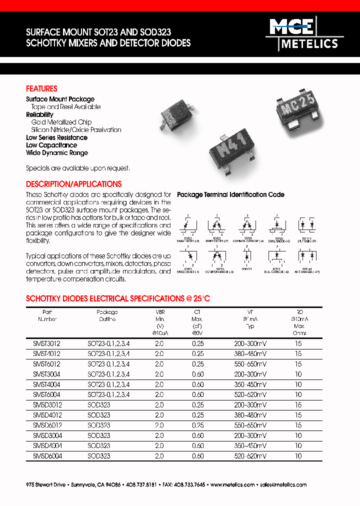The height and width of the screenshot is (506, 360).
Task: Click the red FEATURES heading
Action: click(x=41, y=88)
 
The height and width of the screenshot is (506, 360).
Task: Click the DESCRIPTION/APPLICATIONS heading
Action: click(x=73, y=184)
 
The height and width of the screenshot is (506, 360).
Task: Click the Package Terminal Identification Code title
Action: click(x=231, y=194)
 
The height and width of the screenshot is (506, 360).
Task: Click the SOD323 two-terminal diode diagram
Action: click(x=246, y=256)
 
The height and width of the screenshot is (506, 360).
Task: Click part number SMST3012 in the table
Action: click(x=46, y=343)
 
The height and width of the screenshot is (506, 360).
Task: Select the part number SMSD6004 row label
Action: click(x=46, y=456)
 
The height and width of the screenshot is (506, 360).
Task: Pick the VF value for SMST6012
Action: click(x=250, y=364)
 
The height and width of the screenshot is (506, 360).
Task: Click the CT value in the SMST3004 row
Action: click(x=198, y=374)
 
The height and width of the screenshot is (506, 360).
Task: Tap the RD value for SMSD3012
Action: click(x=298, y=405)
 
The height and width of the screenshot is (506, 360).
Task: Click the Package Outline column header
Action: click(x=107, y=315)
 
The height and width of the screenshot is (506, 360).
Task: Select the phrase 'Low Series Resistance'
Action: click(x=56, y=137)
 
